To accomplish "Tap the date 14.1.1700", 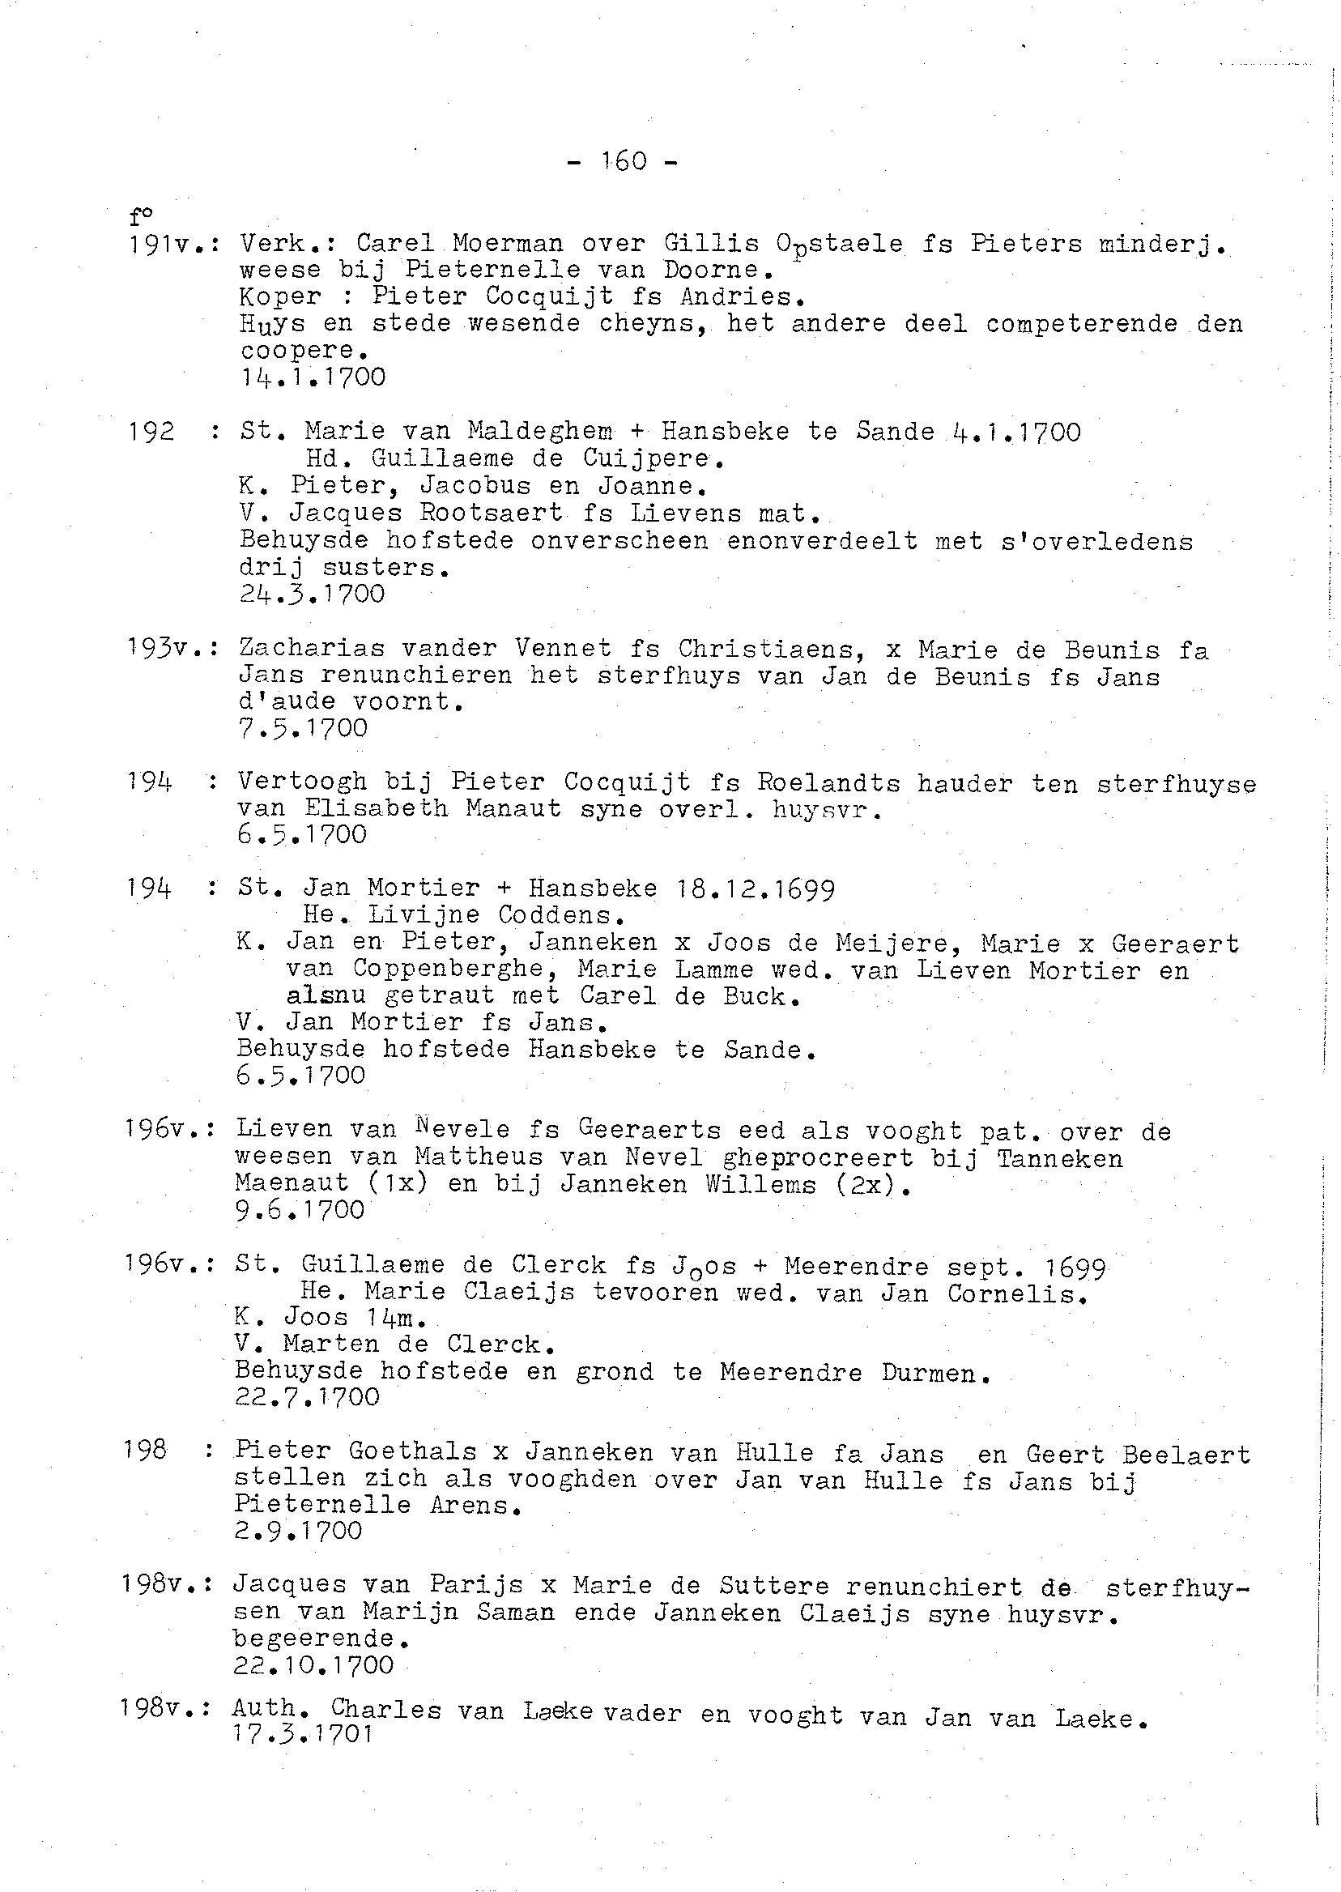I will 313,377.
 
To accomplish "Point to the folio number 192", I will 152,431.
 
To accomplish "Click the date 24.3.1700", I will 312,594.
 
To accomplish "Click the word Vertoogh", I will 301,782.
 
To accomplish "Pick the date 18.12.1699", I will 755,889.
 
